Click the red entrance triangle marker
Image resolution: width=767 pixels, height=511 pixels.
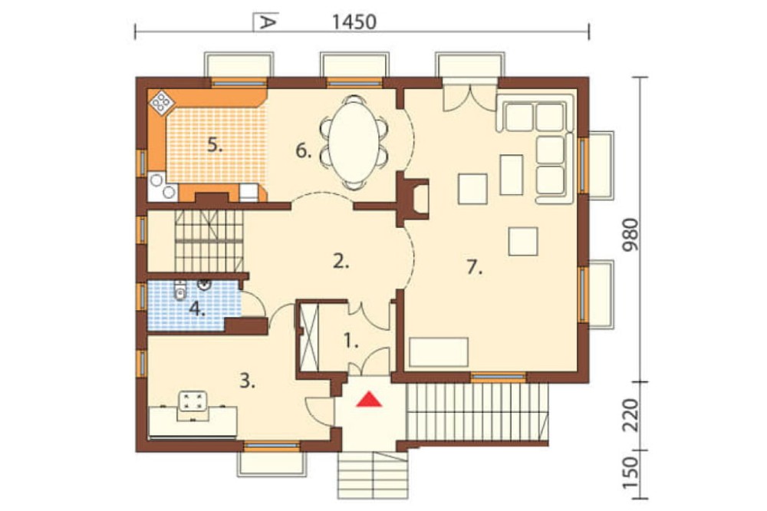369,400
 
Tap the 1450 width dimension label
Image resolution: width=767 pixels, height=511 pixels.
354,22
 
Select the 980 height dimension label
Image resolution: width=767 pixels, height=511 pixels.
630,235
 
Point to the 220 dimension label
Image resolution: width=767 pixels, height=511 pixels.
630,415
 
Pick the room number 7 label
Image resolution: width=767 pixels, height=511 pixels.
474,267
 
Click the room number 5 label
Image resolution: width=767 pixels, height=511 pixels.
215,145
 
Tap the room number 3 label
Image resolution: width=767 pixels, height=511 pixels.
248,381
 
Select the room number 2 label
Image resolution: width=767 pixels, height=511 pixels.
341,262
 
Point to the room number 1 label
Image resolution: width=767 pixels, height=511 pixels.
351,341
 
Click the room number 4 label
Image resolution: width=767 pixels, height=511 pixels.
197,309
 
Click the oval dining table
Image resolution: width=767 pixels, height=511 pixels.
354,142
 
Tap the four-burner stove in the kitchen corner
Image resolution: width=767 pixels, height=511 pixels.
161,102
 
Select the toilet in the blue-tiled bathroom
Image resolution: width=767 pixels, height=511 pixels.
180,290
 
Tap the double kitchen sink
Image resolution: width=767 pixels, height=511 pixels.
163,186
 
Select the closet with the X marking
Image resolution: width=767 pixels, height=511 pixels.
308,338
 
